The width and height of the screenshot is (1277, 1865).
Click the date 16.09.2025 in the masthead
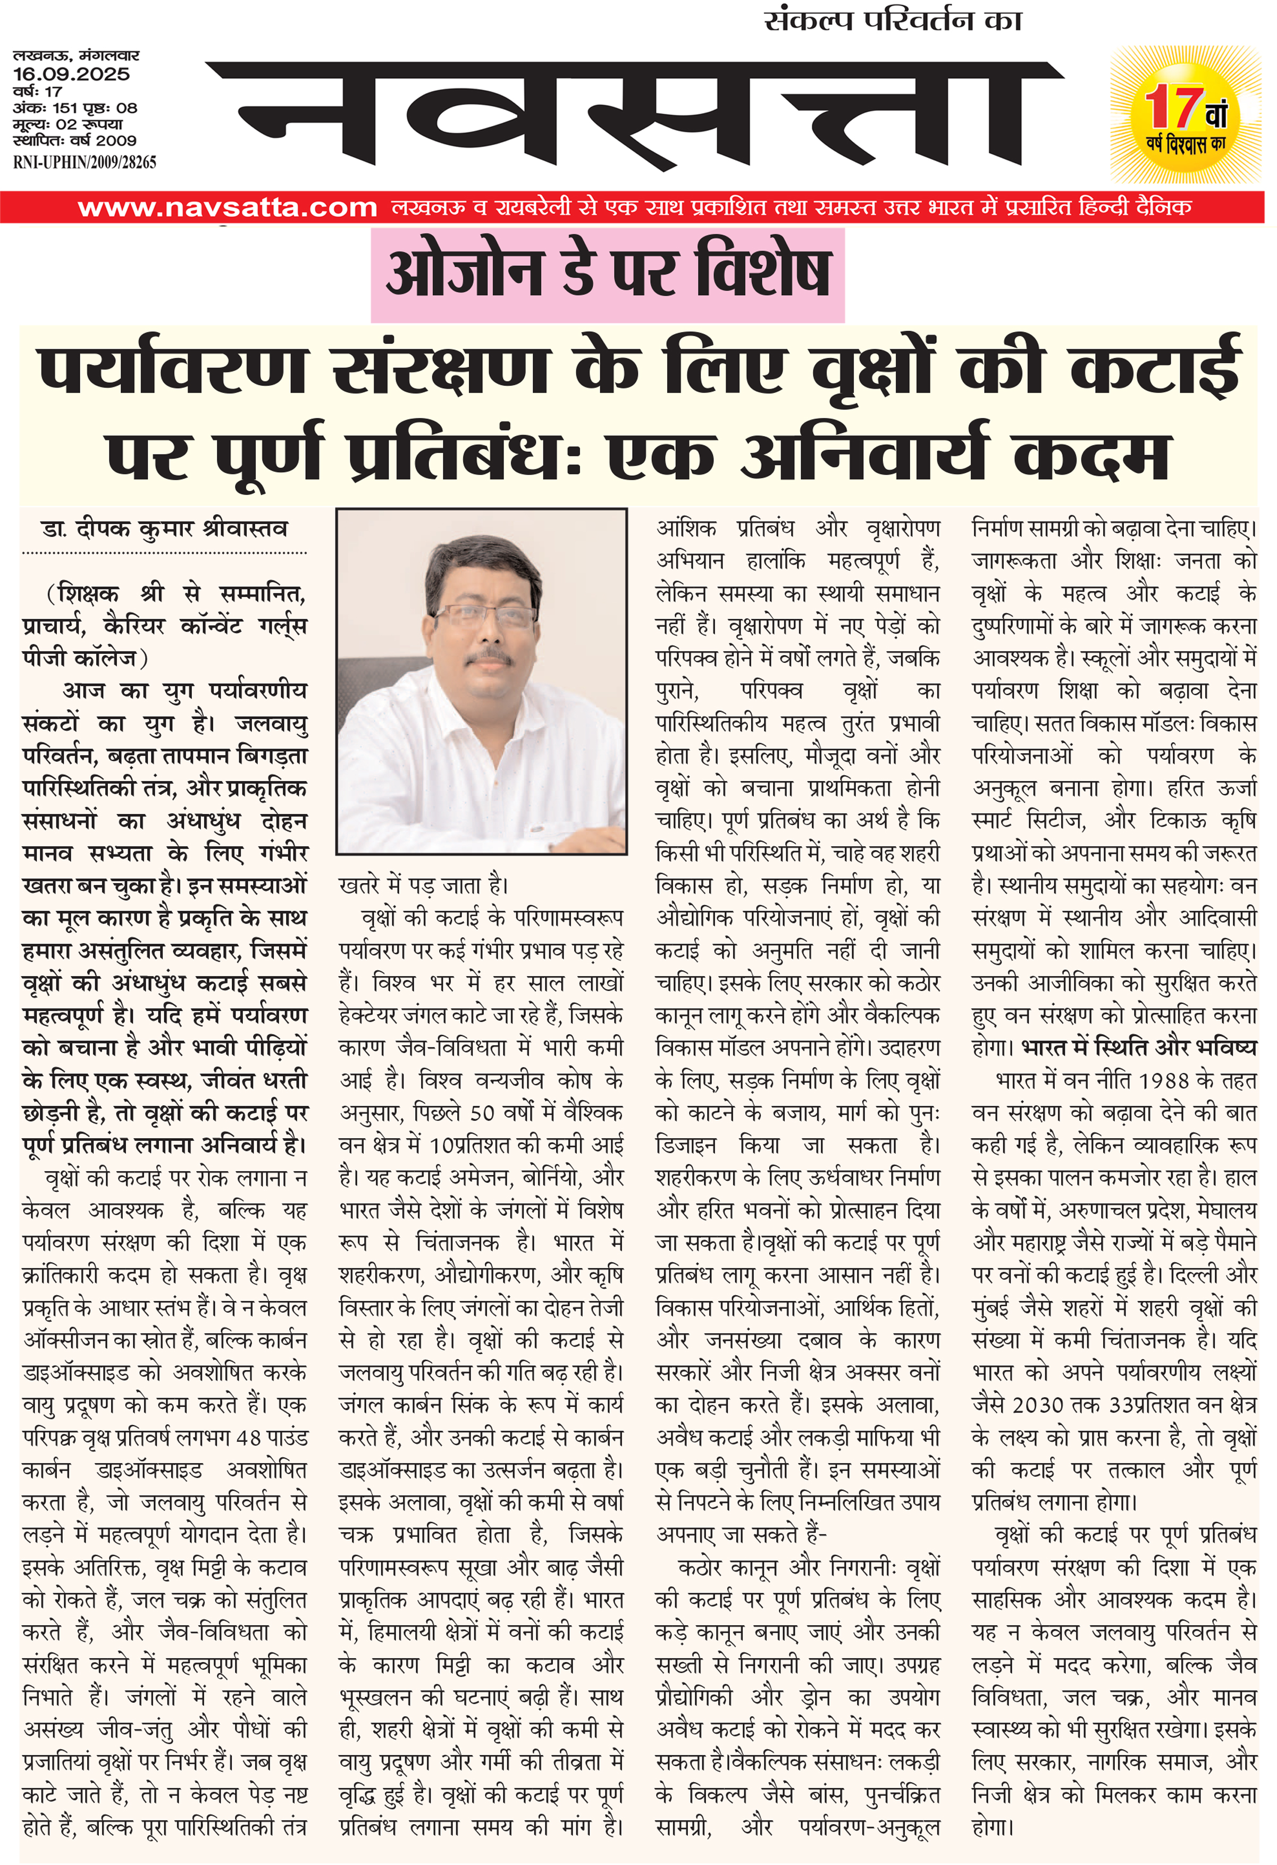point(71,74)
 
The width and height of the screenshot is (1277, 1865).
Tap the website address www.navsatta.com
point(227,208)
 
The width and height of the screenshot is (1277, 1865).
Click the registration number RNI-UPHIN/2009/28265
point(85,162)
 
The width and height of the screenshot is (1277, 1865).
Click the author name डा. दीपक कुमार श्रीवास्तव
point(164,529)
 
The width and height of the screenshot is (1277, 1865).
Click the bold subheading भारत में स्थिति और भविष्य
point(1139,1048)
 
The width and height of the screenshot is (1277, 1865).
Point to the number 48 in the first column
point(249,1437)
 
